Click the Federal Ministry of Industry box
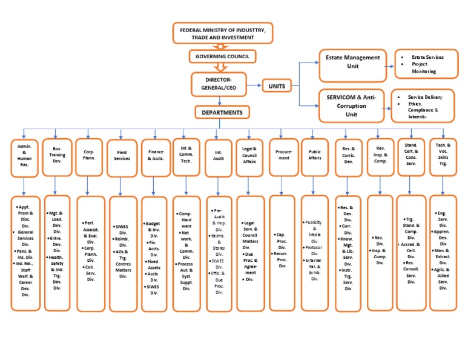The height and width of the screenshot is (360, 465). pos(223,33)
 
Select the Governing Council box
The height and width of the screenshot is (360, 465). pos(222,57)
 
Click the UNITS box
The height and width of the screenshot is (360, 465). pos(276,87)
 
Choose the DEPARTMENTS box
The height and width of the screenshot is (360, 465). pos(222,112)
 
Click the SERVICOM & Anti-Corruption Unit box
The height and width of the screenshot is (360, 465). pos(351,105)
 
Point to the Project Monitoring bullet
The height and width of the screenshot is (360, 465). pos(426,67)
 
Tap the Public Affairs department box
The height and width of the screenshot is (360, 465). pos(314,158)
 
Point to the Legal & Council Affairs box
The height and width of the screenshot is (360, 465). pos(249,158)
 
